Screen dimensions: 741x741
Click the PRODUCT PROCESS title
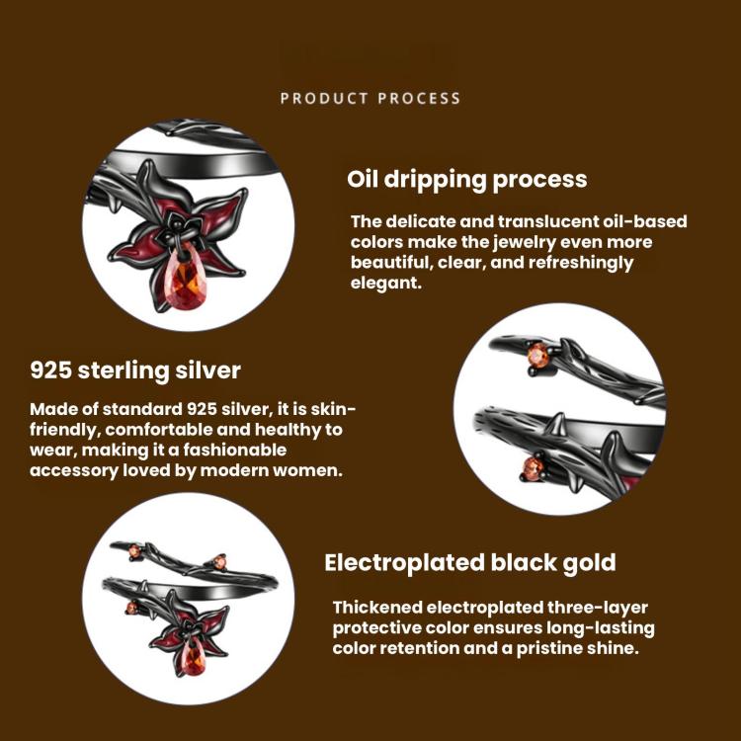pyautogui.click(x=370, y=98)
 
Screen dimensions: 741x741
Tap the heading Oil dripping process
pyautogui.click(x=467, y=180)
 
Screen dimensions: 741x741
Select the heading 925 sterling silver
pyautogui.click(x=135, y=370)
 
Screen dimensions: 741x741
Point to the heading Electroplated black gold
pyautogui.click(x=470, y=562)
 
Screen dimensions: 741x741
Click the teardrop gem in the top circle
pyautogui.click(x=185, y=282)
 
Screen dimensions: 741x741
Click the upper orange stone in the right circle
pyautogui.click(x=538, y=355)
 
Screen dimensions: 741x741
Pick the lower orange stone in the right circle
pyautogui.click(x=534, y=468)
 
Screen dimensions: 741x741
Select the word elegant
pyautogui.click(x=385, y=284)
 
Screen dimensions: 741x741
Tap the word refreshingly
pyautogui.click(x=581, y=263)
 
